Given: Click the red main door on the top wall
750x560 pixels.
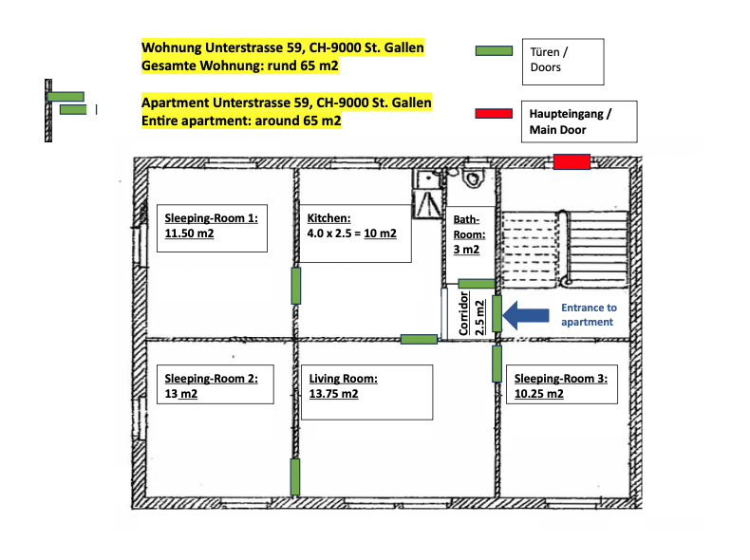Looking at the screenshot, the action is click(572, 161).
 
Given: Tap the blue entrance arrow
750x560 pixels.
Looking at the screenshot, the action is click(526, 315).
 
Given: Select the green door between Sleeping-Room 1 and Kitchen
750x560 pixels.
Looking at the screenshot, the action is click(296, 286).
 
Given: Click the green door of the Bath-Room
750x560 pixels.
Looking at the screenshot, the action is click(477, 284).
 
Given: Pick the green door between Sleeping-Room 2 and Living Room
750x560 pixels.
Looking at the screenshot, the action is click(295, 476).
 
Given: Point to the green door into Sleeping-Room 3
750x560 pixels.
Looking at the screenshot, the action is click(497, 364).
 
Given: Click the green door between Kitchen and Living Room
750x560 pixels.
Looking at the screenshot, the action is click(419, 340).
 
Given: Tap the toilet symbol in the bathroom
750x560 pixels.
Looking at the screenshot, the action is click(473, 178).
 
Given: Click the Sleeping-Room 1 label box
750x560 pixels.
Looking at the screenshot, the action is click(212, 228).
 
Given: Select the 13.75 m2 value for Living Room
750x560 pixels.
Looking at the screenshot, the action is click(333, 394).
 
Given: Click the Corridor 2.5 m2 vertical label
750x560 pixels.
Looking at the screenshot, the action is click(472, 313).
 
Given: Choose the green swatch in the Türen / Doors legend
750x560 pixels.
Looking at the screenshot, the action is click(494, 50).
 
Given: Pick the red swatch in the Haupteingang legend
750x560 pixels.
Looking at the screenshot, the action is click(494, 113).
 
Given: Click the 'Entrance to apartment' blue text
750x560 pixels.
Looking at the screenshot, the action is click(589, 315).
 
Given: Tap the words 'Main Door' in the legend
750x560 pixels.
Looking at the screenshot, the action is click(557, 130).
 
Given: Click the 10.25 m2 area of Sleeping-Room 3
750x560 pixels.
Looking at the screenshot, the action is click(539, 394).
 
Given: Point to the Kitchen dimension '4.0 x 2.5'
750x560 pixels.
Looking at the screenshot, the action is click(329, 233).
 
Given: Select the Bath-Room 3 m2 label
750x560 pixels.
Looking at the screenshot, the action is click(469, 234).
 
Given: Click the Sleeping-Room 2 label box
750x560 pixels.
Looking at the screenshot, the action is click(216, 384).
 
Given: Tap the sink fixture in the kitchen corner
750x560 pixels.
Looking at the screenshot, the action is click(427, 179).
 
